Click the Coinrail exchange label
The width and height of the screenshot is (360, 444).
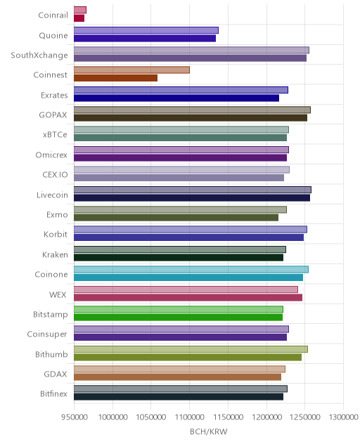tap(53, 15)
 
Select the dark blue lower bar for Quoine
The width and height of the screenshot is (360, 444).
tap(145, 38)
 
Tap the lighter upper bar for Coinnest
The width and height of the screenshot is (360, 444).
tap(131, 70)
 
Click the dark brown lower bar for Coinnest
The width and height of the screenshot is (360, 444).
tap(115, 78)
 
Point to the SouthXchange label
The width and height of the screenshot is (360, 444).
tap(39, 55)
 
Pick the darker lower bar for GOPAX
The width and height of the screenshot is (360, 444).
tap(191, 118)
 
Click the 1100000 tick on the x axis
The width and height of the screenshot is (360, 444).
tap(189, 417)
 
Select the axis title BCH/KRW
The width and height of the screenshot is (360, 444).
tap(209, 431)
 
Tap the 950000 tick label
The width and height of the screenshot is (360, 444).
tap(75, 417)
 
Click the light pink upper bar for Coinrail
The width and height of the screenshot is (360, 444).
tap(80, 10)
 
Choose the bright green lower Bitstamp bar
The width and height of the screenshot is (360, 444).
tap(179, 317)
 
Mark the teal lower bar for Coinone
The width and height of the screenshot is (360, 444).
tap(188, 277)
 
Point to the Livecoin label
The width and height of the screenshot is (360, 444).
tap(52, 195)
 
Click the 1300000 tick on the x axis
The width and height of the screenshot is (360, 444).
tap(344, 417)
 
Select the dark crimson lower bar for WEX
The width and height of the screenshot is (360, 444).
tap(188, 297)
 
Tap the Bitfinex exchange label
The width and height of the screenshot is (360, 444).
tap(54, 394)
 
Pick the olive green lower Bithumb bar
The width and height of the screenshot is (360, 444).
tap(188, 357)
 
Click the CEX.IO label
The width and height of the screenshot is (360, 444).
tap(56, 175)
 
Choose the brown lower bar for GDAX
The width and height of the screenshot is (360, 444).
tap(177, 377)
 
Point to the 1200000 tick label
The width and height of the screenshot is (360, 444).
tap(266, 417)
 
